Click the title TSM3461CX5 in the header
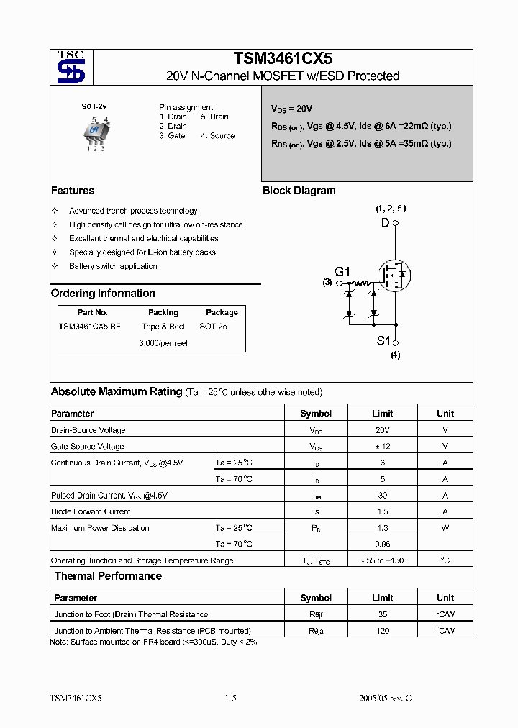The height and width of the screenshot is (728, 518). point(283,59)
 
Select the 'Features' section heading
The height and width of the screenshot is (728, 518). point(73,191)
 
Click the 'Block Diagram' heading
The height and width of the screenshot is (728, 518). point(299,191)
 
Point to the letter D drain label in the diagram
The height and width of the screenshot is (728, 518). point(385,223)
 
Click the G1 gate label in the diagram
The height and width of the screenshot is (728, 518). point(342,272)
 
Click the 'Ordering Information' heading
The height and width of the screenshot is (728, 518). point(103,294)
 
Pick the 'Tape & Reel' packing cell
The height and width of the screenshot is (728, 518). point(163,327)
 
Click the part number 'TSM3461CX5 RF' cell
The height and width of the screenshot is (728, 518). point(90,327)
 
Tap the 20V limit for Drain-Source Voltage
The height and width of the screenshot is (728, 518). point(382,430)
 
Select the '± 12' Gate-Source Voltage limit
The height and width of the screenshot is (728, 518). point(382,446)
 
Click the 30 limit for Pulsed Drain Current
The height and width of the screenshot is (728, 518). point(382,495)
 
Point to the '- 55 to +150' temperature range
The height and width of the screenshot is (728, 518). point(382,560)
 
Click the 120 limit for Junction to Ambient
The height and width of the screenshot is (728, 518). point(382,631)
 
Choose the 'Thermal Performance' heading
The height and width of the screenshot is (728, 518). point(108,576)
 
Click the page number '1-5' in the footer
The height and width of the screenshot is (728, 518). point(230,698)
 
